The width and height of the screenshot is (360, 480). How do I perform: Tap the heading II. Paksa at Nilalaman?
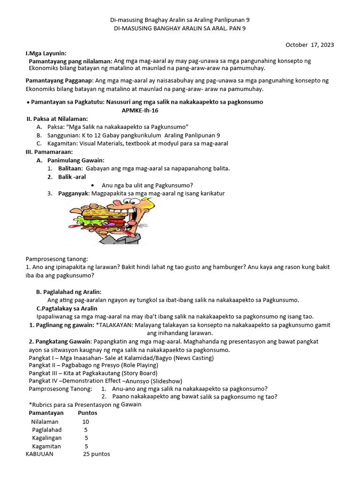tap(57, 119)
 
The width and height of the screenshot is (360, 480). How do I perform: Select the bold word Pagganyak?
tap(74, 193)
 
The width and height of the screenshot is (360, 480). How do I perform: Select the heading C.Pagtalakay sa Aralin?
tap(67, 308)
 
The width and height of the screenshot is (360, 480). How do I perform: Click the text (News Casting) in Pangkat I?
tap(193, 358)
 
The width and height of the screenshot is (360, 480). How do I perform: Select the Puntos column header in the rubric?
tap(87, 413)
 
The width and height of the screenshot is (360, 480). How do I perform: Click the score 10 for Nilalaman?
tap(86, 421)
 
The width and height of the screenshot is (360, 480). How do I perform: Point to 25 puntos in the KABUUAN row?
tap(96, 454)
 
